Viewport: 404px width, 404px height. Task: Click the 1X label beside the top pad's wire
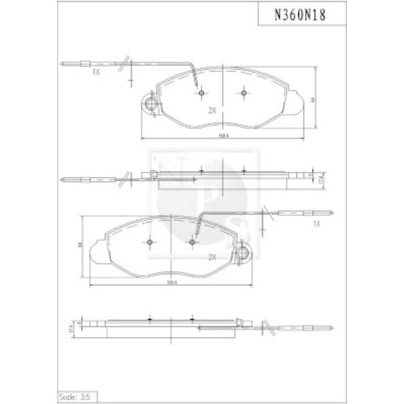96,73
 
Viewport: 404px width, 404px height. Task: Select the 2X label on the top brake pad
212,109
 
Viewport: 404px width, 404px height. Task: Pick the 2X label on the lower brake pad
212,256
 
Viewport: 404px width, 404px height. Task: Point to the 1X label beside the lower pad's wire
316,223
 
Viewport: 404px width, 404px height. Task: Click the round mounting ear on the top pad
149,104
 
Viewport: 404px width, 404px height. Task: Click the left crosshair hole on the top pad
201,93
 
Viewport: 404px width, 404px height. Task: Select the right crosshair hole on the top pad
243,93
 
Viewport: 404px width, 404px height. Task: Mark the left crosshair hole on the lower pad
151,241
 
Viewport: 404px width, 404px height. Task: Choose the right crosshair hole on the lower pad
193,241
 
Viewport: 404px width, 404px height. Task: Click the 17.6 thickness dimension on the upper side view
320,178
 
